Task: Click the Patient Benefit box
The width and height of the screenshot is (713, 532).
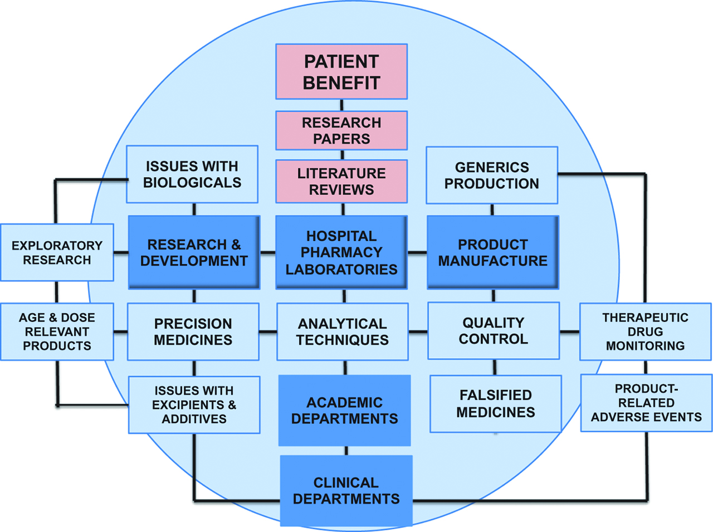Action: point(341,72)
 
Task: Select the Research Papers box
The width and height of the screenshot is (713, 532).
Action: point(341,130)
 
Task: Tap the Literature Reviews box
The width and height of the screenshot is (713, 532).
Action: point(341,181)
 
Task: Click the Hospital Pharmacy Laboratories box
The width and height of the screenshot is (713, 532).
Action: point(341,252)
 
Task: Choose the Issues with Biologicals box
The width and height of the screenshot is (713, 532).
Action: point(192,174)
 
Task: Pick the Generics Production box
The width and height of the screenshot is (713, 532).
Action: point(492,175)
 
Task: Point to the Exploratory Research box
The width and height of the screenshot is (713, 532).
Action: point(57,252)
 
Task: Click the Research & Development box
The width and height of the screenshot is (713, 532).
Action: point(194,252)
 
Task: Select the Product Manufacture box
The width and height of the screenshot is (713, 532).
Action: point(492,252)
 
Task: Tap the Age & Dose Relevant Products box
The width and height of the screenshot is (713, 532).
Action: point(57,331)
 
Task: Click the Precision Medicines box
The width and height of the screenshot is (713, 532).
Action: point(193,331)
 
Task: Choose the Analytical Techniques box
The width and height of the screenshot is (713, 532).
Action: point(342,331)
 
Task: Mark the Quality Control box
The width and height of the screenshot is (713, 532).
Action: point(494,331)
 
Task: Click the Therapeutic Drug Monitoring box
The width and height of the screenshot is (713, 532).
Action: point(645,331)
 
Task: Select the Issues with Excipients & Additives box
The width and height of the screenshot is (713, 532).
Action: point(194,405)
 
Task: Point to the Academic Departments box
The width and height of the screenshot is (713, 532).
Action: point(344,411)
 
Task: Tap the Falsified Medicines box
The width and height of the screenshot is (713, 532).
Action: point(495,404)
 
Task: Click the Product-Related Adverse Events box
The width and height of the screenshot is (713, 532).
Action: point(646,403)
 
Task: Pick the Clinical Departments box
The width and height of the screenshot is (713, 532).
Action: point(346,491)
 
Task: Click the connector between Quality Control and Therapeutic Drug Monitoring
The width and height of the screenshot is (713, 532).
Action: point(569,332)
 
